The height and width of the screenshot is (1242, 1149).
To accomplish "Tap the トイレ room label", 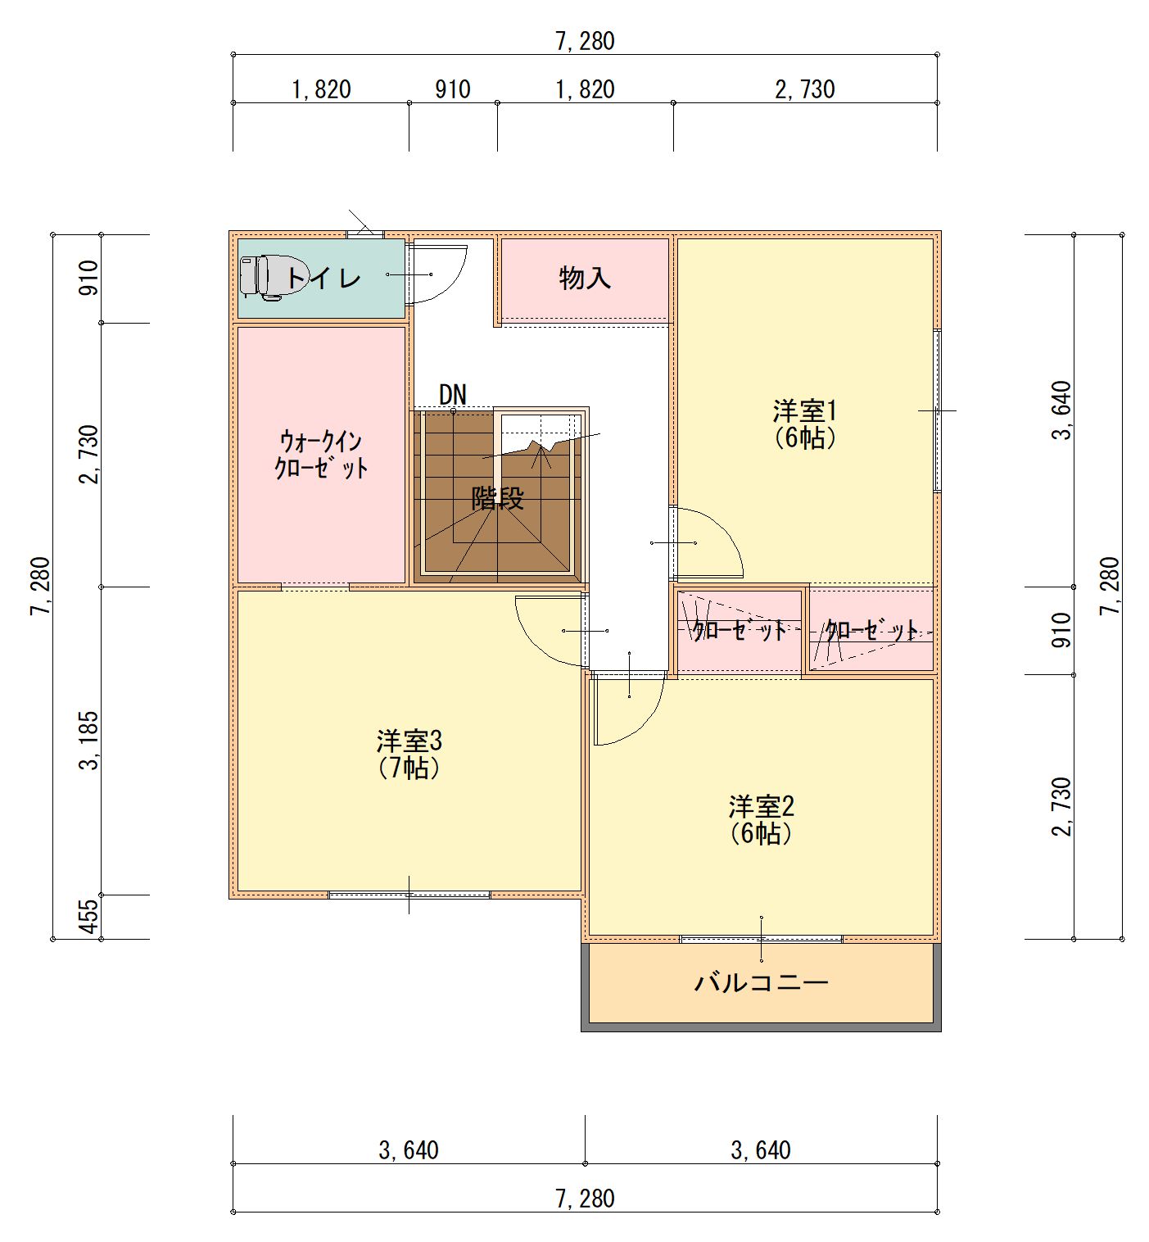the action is coord(323,277).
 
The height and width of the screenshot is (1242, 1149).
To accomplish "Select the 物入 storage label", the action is coord(585,278).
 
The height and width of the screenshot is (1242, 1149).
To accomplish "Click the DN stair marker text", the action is coord(453,395).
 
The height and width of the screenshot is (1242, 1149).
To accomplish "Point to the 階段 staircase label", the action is coord(498,498).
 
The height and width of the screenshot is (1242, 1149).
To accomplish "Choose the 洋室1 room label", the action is coord(804,411).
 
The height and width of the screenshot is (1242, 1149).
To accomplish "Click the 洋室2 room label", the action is coord(761,807).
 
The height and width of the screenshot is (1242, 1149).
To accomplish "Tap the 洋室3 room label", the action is coord(409,741).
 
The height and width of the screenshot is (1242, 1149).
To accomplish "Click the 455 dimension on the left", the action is coord(91,916).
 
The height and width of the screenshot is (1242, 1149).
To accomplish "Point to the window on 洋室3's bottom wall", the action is coord(409,895).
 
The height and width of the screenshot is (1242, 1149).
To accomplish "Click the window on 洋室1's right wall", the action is coord(937,410).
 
